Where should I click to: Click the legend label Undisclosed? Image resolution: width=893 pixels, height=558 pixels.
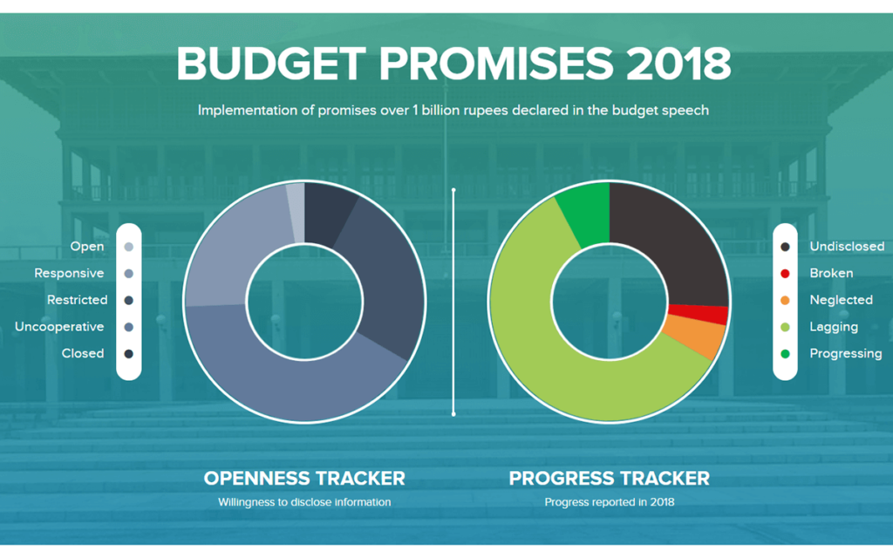coord(847,247)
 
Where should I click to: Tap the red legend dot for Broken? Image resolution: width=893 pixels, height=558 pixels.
coord(786,274)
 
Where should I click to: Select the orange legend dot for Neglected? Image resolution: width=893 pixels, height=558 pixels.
coord(786,301)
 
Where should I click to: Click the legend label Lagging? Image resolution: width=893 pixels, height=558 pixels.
coord(834,327)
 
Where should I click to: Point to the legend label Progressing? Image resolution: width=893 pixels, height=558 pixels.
coord(846,354)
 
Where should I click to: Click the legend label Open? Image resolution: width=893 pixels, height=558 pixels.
coord(87,247)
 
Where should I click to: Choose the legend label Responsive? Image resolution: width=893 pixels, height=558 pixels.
coord(69,274)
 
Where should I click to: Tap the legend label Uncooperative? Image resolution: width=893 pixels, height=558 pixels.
coord(59,327)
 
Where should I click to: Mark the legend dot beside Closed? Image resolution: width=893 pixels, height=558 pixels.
coord(129,354)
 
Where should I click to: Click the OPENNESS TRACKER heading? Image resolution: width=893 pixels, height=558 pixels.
coord(304,478)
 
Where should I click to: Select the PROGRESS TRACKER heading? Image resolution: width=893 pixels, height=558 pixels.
coord(609,478)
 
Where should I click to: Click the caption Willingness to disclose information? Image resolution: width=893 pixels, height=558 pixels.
coord(304,502)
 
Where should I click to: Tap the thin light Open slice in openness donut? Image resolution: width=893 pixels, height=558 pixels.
coord(296,213)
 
